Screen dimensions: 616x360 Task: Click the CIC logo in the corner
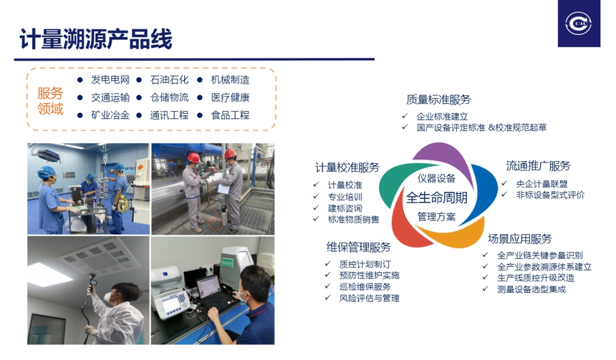click(x=579, y=24)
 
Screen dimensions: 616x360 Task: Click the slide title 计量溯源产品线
click(x=96, y=39)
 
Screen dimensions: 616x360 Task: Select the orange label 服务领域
click(x=50, y=100)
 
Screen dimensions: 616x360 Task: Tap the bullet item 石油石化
click(x=169, y=80)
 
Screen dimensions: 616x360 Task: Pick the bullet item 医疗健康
click(x=230, y=97)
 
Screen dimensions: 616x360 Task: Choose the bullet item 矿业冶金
click(x=110, y=115)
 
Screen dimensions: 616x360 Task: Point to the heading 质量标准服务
click(x=438, y=99)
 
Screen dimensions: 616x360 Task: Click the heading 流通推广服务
click(x=538, y=166)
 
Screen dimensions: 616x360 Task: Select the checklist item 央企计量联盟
click(x=542, y=184)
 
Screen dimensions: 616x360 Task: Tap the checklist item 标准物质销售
click(x=354, y=220)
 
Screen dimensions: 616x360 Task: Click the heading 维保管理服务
click(x=359, y=248)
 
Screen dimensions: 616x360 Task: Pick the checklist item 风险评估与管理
click(x=370, y=298)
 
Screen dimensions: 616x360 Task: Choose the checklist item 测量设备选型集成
click(x=531, y=289)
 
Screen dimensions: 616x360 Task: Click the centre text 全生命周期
click(x=437, y=198)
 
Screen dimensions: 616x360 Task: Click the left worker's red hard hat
click(x=193, y=158)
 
